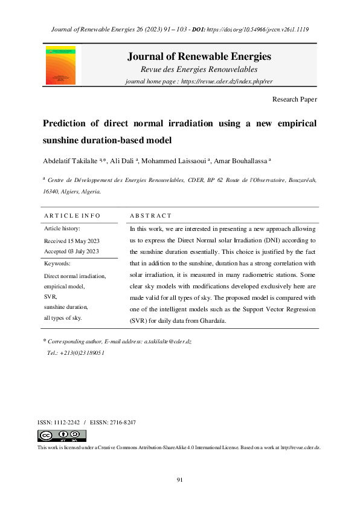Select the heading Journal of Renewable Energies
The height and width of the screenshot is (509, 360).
click(x=199, y=57)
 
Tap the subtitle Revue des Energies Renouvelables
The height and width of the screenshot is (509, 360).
click(x=199, y=70)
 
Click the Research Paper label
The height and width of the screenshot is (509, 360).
click(x=294, y=99)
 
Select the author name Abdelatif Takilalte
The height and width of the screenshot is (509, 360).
click(x=71, y=161)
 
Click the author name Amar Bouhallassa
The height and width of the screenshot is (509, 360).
click(x=242, y=161)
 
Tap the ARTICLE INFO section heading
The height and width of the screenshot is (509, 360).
click(x=72, y=215)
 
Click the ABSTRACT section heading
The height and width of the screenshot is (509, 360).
click(x=151, y=215)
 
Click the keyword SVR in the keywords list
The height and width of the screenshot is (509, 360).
click(x=51, y=297)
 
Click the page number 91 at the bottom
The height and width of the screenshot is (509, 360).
click(x=179, y=479)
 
